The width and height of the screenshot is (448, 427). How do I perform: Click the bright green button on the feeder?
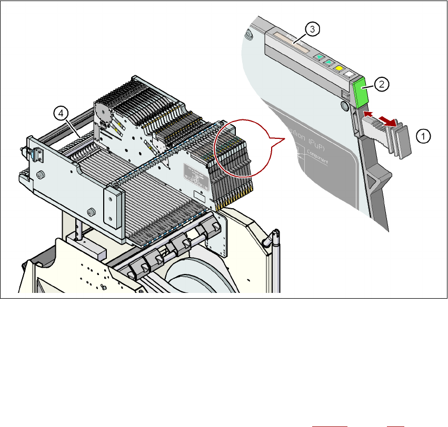tap(361, 90)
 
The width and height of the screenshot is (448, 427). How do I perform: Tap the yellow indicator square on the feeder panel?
tap(339, 68)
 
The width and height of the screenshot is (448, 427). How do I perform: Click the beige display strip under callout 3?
tap(289, 44)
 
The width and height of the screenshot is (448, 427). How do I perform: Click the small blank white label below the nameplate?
tap(200, 196)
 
